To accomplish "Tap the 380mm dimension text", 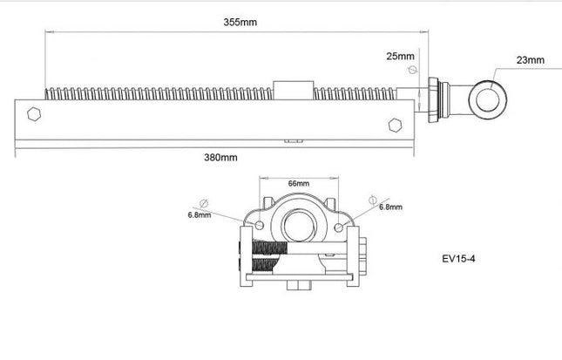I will (220, 157).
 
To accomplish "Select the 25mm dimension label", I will (402, 56).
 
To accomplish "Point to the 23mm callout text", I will (531, 60).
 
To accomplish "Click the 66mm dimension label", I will (299, 184).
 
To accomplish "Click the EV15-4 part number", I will (460, 258).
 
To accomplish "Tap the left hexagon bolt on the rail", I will (34, 113).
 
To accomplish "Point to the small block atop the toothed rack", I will (286, 90).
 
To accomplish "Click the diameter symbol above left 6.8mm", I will (203, 200).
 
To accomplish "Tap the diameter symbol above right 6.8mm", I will (373, 196).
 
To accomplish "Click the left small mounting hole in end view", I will (257, 228).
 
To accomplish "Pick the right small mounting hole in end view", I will (339, 228).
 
